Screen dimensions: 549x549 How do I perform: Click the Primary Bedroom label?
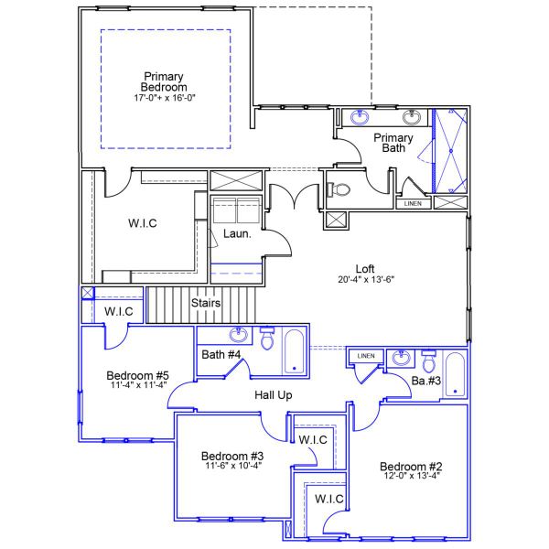point(164,81)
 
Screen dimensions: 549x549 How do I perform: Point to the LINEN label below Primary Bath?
point(413,203)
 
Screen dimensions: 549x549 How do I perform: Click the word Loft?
point(365,269)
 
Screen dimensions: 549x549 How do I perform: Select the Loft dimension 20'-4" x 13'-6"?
point(365,280)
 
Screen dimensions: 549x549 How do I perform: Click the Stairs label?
point(205,303)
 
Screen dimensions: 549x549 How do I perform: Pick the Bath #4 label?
point(221,354)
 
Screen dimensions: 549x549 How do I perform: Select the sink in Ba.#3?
point(399,355)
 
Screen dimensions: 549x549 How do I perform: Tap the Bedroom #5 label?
point(137,375)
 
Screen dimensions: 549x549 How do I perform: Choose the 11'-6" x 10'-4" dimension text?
point(232,466)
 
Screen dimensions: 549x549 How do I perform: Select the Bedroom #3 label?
point(232,456)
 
